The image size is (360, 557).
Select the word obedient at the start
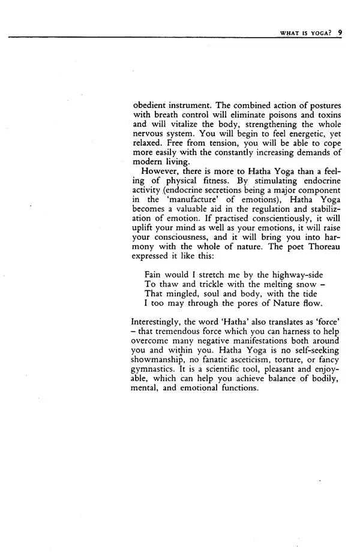point(151,106)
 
